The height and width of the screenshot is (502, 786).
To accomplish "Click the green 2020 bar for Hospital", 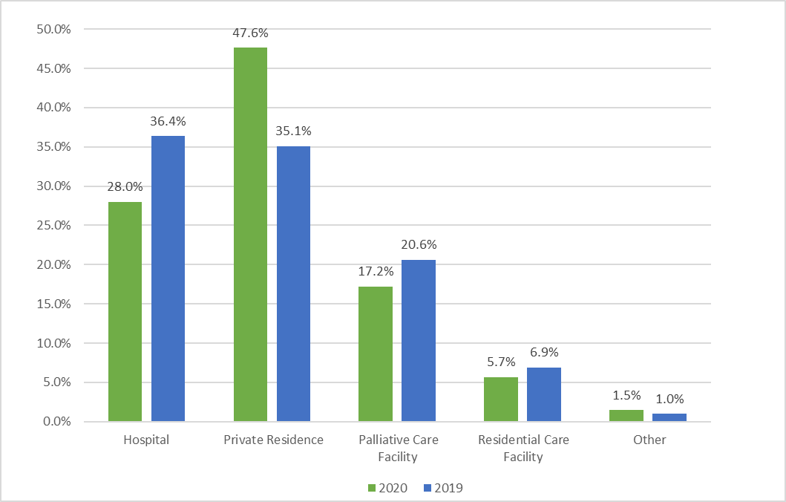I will point(125,312).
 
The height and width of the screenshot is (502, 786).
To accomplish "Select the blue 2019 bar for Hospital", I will point(168,278).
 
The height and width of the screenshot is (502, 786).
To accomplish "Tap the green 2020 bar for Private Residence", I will point(250,235).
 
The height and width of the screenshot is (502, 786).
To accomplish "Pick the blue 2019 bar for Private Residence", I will point(293,284).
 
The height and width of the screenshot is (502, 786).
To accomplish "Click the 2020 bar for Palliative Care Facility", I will point(375,354).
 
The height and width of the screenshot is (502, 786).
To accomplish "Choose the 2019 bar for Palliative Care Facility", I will point(419,341).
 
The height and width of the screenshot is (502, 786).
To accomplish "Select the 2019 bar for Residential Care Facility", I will point(543,394).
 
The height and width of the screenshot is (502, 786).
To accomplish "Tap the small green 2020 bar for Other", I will point(626,416).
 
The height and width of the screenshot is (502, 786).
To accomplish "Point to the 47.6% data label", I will point(250,33).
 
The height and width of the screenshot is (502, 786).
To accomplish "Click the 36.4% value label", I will point(168,122).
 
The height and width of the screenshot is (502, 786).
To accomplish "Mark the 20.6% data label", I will point(419,245).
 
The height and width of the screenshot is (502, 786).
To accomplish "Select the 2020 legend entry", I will point(386,488).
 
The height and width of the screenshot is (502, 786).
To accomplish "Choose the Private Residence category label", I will point(273,440).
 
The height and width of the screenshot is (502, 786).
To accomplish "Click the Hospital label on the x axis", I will point(146,440).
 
